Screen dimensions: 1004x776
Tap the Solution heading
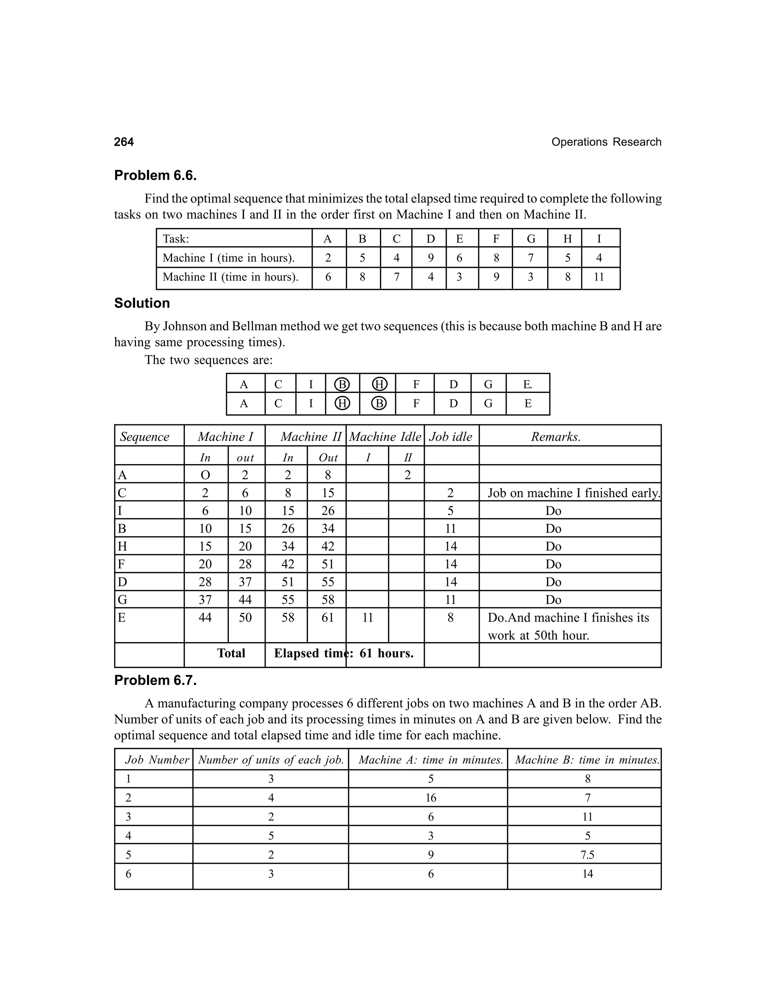point(142,303)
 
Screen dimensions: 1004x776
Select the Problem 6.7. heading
point(155,680)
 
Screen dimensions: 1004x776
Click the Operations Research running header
point(606,142)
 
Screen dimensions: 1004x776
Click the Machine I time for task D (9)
point(431,258)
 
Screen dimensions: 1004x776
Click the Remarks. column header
point(556,437)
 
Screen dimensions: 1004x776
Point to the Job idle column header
point(451,437)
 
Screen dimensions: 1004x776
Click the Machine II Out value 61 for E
point(327,618)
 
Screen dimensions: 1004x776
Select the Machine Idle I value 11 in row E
point(367,618)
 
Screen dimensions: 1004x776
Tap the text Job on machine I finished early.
point(574,493)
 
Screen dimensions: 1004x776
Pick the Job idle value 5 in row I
point(451,511)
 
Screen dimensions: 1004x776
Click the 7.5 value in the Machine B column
point(587,855)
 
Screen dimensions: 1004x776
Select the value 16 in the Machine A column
point(431,798)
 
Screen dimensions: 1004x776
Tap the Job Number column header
point(157,760)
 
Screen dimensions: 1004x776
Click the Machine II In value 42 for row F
point(288,564)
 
